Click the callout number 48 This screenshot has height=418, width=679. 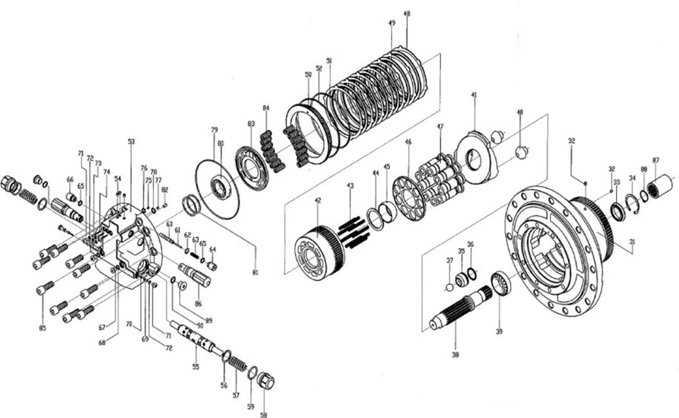point(407,14)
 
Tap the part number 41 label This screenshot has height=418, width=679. point(474,95)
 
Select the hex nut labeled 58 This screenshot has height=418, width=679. point(265,382)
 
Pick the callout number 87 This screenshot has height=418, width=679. point(656,160)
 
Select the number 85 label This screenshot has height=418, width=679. point(42,329)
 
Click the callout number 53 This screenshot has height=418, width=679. point(131,141)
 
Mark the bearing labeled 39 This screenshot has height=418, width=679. point(500,283)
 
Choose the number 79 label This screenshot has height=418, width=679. point(215,130)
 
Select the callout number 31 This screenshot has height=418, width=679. point(632,242)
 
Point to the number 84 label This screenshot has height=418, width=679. point(266,107)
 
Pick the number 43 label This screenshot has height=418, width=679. point(350,185)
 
